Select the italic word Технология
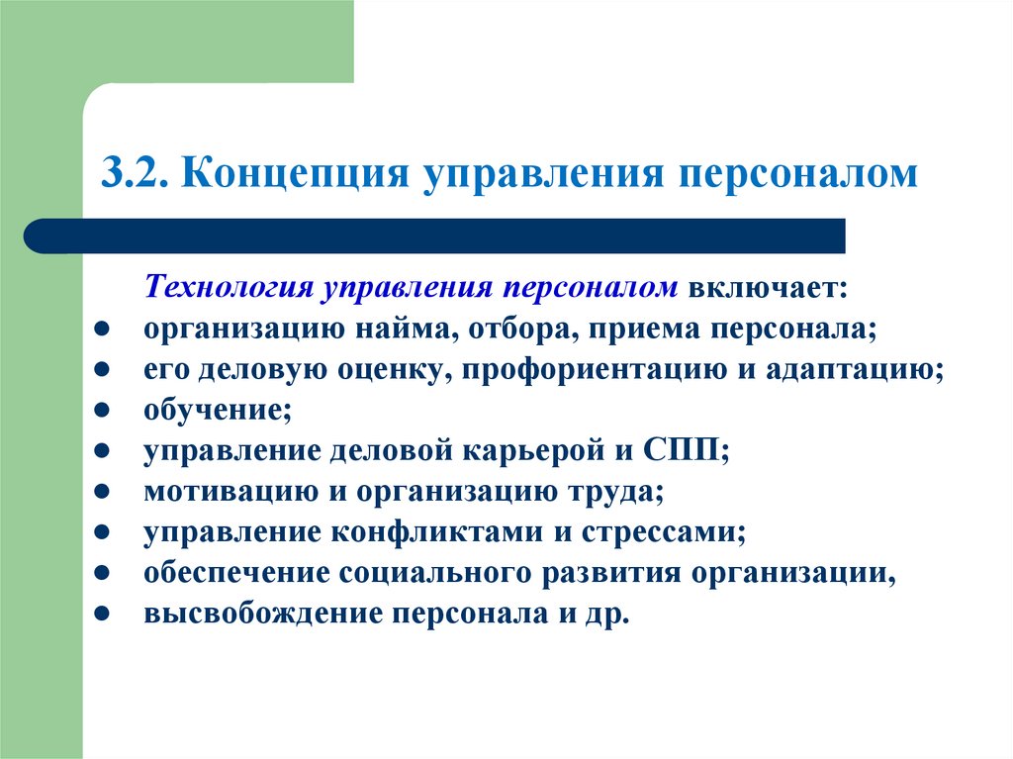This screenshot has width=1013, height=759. click(229, 286)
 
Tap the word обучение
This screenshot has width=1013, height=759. click(212, 409)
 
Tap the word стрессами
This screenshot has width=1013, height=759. click(659, 531)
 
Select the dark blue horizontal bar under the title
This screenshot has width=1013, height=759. click(435, 237)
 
